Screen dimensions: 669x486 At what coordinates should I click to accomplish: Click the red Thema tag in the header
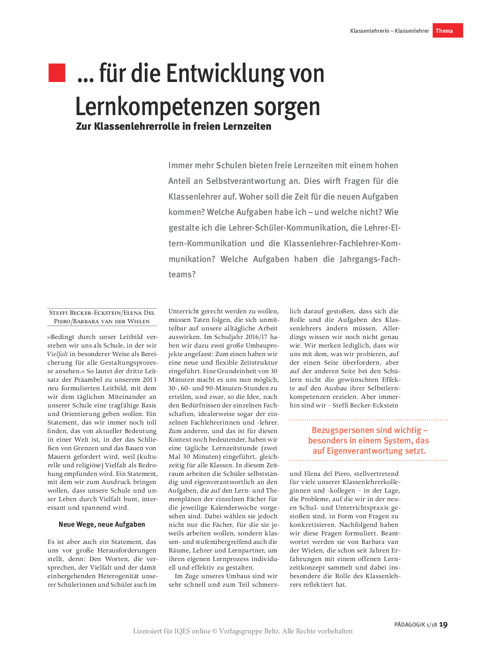[x=447, y=31]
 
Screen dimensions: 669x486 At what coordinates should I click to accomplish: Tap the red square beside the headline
[x=57, y=73]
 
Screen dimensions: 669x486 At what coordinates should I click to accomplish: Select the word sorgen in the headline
[x=287, y=107]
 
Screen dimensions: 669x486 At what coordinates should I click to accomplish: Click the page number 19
[x=443, y=624]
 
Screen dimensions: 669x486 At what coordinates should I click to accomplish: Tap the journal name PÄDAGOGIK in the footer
[x=409, y=625]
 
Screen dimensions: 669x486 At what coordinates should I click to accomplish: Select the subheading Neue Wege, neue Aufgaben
[x=102, y=524]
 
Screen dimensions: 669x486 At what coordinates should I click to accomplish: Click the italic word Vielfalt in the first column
[x=57, y=354]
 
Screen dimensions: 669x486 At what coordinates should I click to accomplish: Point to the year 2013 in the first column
[x=149, y=380]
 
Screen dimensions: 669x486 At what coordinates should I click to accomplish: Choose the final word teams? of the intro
[x=182, y=274]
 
